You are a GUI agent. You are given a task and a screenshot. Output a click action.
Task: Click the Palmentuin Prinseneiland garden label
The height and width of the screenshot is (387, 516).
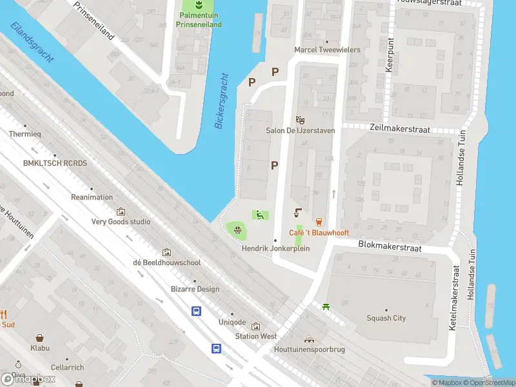coord(199,20)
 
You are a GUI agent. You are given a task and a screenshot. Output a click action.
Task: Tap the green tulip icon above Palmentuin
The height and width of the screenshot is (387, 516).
coord(199,5)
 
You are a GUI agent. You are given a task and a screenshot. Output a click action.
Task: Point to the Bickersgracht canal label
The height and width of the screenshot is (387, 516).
coord(222,101)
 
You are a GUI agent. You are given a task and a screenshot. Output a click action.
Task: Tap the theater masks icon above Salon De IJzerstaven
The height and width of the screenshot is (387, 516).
coord(299,119)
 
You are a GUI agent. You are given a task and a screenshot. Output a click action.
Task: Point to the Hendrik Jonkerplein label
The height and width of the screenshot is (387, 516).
coord(275,248)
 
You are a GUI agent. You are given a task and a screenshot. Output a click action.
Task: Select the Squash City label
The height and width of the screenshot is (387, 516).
coord(386,318)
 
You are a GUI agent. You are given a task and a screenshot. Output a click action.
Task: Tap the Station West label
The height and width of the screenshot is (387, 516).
coord(255,336)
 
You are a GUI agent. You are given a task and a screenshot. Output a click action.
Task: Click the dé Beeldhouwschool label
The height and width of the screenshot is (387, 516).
coord(166,263)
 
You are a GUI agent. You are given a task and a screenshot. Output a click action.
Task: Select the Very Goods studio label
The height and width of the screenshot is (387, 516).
coord(121,221)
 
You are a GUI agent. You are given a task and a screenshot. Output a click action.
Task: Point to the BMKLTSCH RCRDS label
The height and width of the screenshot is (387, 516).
coord(54,163)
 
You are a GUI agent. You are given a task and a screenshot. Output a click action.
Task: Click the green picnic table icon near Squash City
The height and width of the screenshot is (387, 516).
coord(326,306)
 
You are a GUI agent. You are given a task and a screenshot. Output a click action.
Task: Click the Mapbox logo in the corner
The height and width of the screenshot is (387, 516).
coord(28,379)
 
